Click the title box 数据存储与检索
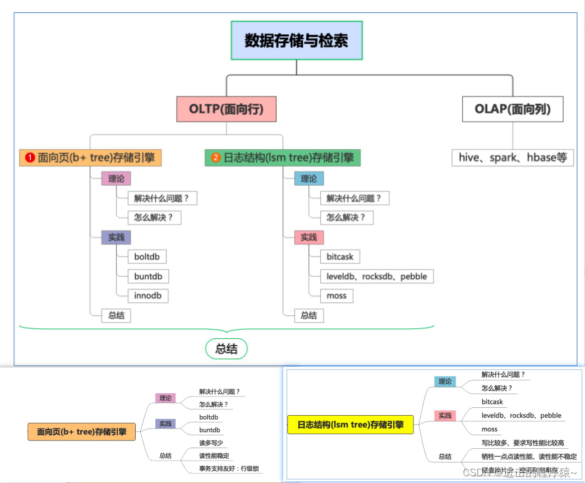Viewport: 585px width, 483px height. point(297,40)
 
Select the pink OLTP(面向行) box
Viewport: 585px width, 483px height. point(226,109)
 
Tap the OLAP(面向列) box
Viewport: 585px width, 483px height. point(512,109)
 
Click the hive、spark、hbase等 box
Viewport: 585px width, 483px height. point(513,158)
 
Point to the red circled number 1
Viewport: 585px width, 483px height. point(30,158)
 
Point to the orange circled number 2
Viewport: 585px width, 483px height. point(216,158)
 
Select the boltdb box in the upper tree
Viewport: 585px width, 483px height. point(147,257)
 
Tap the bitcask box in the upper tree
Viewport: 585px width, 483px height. point(340,257)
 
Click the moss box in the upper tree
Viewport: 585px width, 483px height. point(337,296)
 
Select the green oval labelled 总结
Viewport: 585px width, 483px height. point(226,349)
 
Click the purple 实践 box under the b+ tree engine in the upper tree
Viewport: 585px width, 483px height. point(116,237)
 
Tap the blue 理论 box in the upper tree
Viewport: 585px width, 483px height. point(309,179)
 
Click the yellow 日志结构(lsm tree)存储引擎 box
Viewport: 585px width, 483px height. point(351,425)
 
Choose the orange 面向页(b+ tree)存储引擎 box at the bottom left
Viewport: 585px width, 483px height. point(82,432)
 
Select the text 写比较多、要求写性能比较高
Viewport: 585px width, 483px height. point(523,443)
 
